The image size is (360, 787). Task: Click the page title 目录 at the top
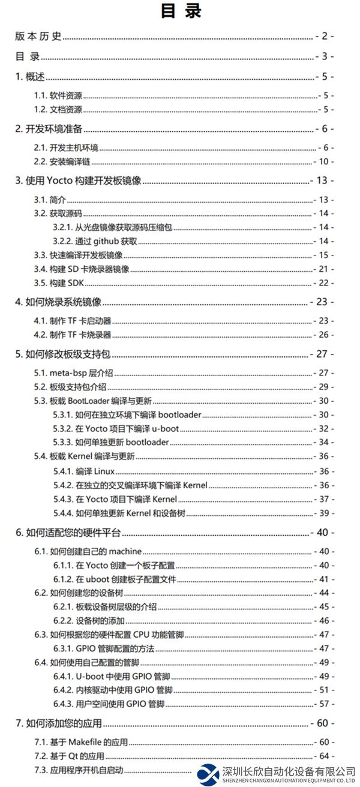click(181, 11)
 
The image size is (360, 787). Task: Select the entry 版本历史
click(38, 37)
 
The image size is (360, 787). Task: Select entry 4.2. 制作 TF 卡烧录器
click(72, 335)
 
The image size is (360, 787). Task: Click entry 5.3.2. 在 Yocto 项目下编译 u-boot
click(116, 428)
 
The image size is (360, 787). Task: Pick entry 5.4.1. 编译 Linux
click(83, 471)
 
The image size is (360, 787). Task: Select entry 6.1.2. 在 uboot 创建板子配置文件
click(114, 579)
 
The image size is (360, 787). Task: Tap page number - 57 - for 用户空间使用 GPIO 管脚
click(324, 704)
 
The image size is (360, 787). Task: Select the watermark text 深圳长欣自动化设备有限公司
click(289, 770)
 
